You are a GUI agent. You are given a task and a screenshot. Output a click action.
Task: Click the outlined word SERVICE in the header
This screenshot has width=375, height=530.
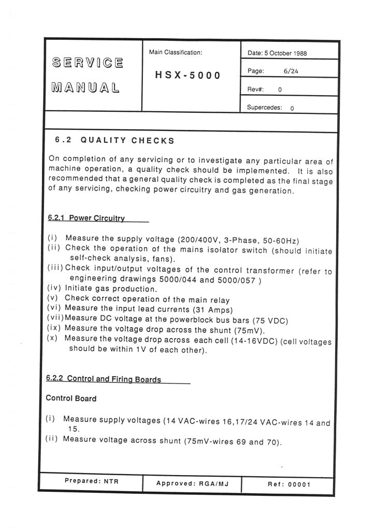point(88,64)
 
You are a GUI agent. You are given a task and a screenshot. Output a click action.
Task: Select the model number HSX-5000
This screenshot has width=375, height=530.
point(188,75)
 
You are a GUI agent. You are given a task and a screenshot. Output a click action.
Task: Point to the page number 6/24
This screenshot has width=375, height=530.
point(291,71)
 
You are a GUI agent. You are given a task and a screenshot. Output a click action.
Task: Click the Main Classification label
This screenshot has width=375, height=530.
point(175,52)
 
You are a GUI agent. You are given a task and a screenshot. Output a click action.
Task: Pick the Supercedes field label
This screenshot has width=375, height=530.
point(264,108)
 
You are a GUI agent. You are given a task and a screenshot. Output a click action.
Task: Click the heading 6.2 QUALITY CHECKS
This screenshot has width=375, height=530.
point(114,140)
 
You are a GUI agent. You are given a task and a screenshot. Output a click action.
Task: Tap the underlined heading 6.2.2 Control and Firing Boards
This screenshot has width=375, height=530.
point(104,379)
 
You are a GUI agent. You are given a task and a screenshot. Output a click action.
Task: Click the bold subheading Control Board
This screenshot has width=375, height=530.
point(71,399)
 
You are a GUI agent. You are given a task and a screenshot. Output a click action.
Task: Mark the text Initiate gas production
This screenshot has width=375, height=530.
point(110,289)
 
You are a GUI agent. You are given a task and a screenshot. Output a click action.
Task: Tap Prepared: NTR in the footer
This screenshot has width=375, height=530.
point(92,481)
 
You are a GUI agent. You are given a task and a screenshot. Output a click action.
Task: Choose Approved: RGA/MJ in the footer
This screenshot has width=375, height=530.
point(192,484)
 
